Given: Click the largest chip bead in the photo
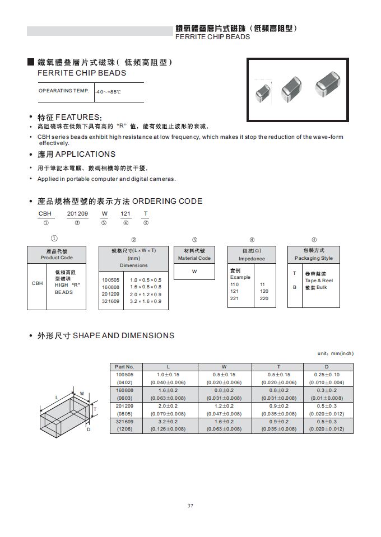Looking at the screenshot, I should [328, 83].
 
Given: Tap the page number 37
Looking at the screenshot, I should [190, 506].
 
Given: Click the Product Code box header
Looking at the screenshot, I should [57, 254].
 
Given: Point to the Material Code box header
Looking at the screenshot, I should [194, 254].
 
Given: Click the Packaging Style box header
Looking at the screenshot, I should [314, 254].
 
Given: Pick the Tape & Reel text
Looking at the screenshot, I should [319, 280].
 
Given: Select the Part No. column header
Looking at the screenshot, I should [124, 367].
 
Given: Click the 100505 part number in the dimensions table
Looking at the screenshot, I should [124, 375].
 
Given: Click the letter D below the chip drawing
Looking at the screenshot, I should [88, 429].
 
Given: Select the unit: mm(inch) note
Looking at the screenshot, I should [336, 353].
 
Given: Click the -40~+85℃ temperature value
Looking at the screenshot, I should [108, 91].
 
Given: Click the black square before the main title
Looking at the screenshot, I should [31, 62].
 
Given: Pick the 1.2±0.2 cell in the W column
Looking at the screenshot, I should [224, 405].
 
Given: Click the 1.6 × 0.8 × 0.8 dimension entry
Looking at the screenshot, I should [145, 287].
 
